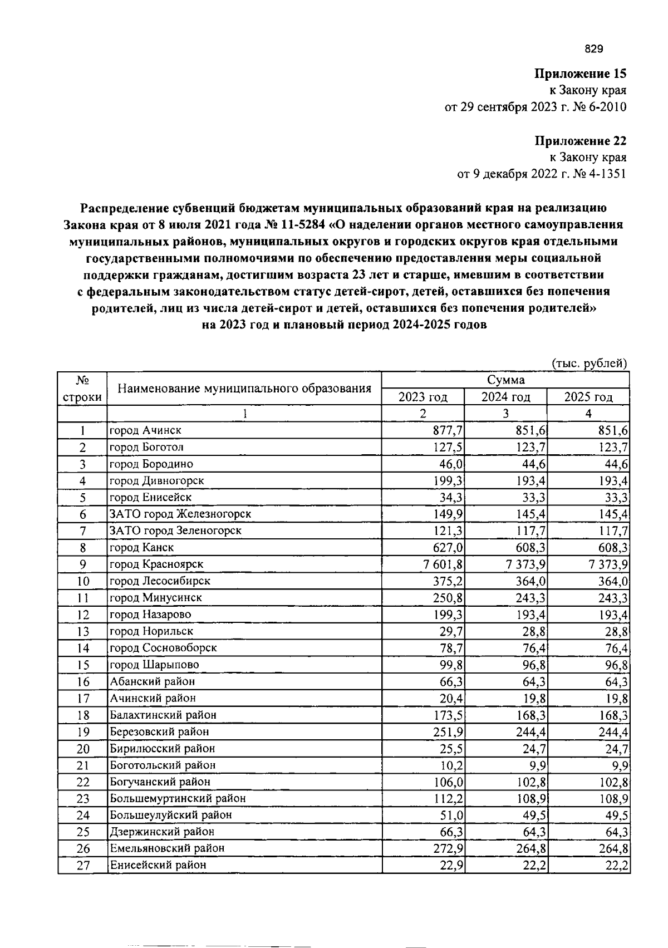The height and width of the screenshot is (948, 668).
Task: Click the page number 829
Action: tap(593, 50)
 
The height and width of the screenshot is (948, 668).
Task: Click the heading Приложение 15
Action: tap(581, 73)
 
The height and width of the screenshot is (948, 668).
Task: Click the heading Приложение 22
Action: tap(581, 140)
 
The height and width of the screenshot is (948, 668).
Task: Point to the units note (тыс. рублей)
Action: tap(589, 364)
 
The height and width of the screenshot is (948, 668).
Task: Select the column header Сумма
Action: tap(505, 380)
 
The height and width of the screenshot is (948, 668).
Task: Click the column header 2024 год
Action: tap(505, 397)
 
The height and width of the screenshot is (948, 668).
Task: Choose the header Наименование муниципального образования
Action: tap(244, 389)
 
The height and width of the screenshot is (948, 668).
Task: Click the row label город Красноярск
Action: tap(156, 564)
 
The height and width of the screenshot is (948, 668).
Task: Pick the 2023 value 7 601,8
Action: tap(443, 564)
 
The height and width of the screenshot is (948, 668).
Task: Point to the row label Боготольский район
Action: tap(163, 765)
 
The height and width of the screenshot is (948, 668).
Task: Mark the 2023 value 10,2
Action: tap(454, 765)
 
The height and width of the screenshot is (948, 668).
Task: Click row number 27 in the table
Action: tap(82, 865)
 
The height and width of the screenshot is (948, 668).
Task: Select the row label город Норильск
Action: tap(151, 631)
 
